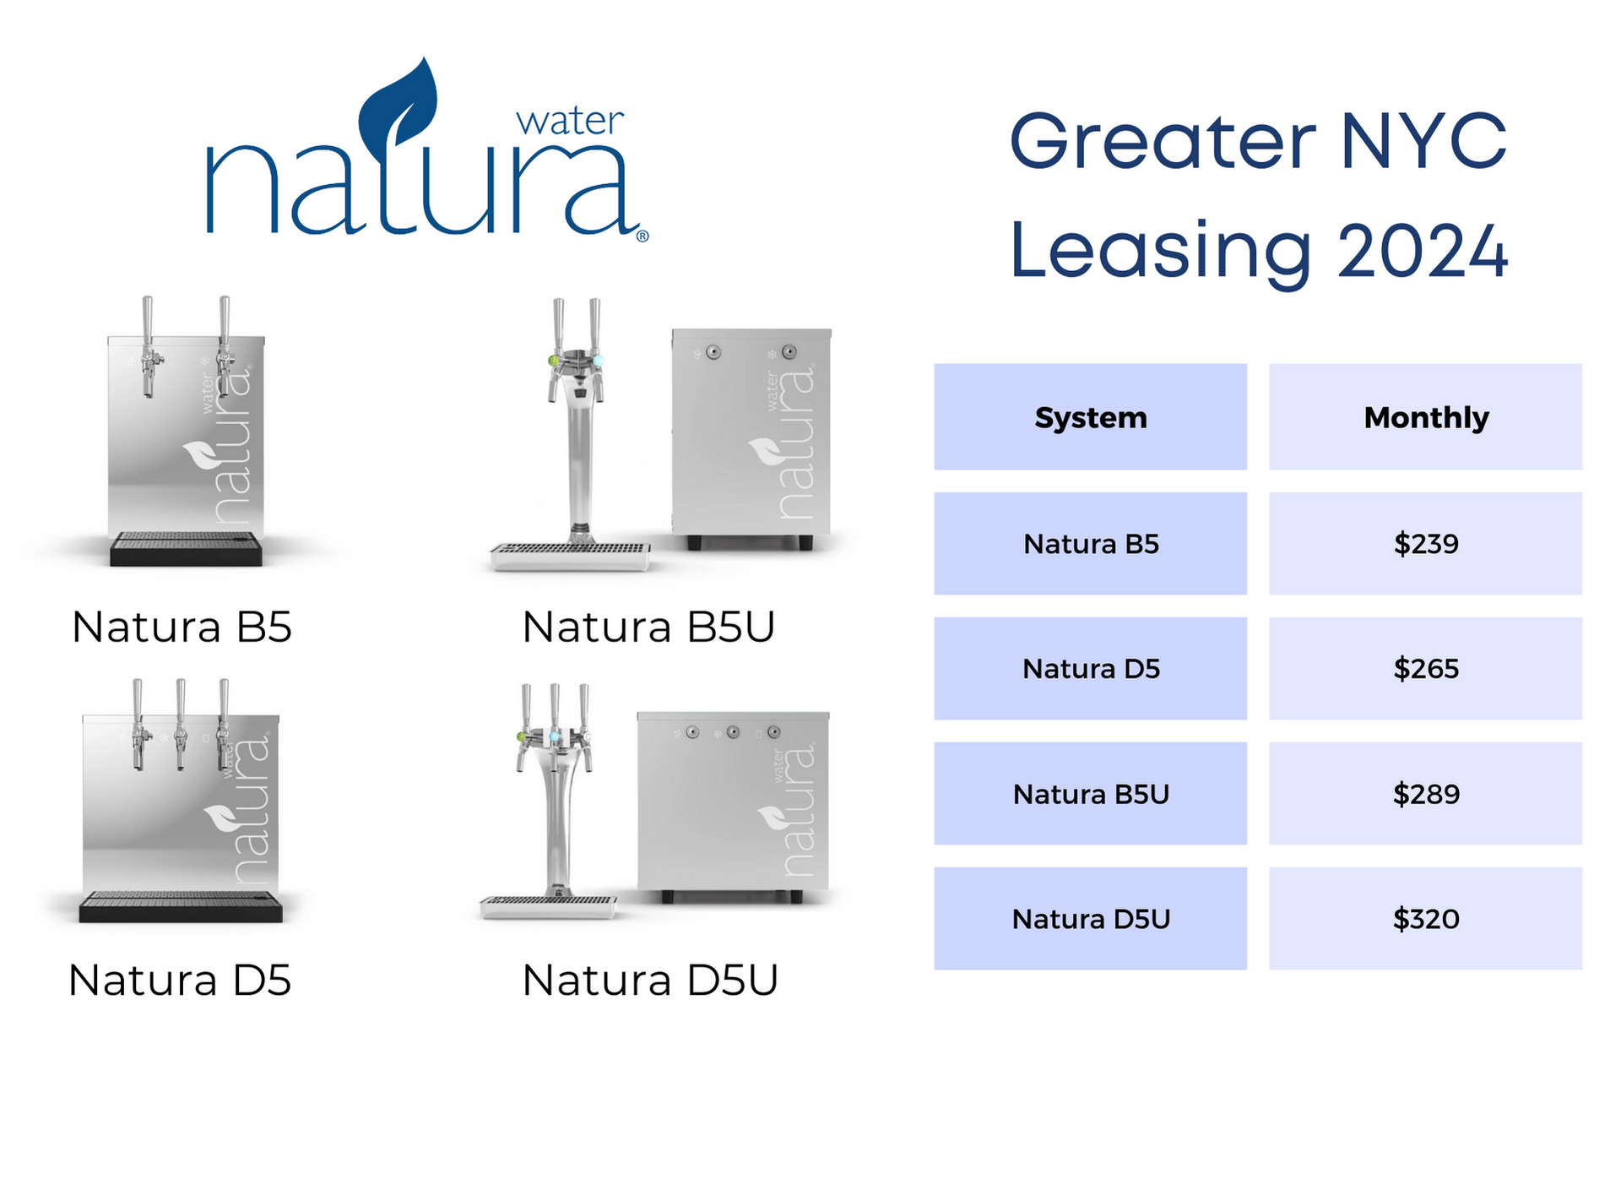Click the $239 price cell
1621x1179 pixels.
pyautogui.click(x=1425, y=544)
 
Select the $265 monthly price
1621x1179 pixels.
pyautogui.click(x=1425, y=669)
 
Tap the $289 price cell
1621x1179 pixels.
pyautogui.click(x=1425, y=794)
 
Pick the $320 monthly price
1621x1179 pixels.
pyautogui.click(x=1425, y=919)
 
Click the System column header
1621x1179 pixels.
pyautogui.click(x=1091, y=417)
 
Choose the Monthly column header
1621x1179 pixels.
pyautogui.click(x=1426, y=417)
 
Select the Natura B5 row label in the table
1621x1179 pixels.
pyautogui.click(x=1091, y=544)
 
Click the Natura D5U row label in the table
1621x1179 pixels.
pyautogui.click(x=1091, y=919)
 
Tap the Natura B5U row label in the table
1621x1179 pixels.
pyautogui.click(x=1091, y=794)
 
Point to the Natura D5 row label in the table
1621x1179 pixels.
pyautogui.click(x=1091, y=669)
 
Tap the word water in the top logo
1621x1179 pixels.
pyautogui.click(x=570, y=122)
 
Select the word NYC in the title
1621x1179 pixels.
pyautogui.click(x=1423, y=141)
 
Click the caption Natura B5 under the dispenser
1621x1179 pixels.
pyautogui.click(x=182, y=627)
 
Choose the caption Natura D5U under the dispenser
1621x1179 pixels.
pyautogui.click(x=649, y=981)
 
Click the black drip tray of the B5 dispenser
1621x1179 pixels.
pyautogui.click(x=186, y=549)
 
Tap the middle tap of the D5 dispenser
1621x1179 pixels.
pyautogui.click(x=181, y=724)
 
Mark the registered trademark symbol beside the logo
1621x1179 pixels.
pyautogui.click(x=642, y=236)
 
